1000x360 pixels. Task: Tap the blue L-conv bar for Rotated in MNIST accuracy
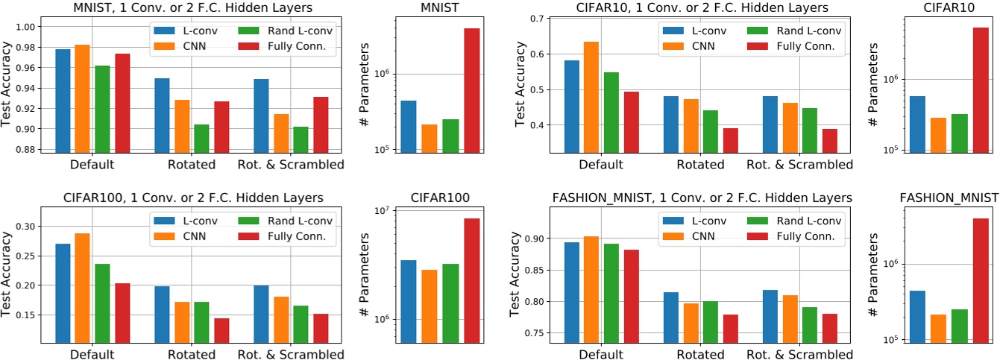[x=162, y=116]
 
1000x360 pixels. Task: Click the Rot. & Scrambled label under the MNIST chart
[x=290, y=165]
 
